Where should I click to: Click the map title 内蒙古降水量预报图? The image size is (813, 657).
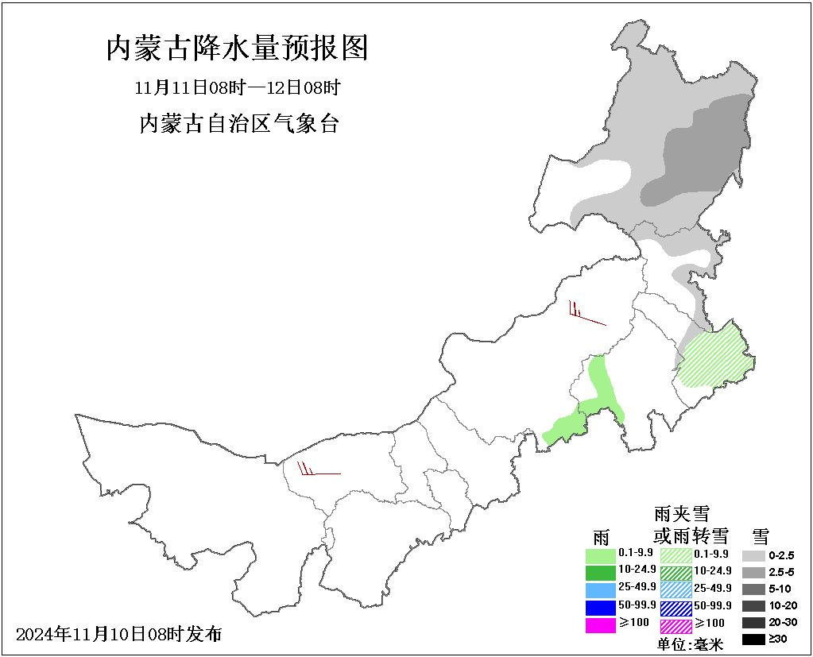(237, 49)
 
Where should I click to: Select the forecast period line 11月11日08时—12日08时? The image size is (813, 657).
(237, 87)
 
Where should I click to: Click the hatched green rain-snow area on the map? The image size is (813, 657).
(716, 357)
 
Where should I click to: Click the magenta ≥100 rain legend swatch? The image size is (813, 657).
(601, 625)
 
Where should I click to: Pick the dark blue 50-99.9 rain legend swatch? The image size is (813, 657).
(601, 608)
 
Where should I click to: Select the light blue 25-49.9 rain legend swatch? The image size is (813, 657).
(601, 589)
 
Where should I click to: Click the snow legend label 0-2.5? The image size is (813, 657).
(782, 555)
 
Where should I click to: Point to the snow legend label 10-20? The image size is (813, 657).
(782, 606)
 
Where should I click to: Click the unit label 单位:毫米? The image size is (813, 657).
(691, 644)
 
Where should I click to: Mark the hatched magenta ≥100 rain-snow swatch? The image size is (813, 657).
(676, 626)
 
